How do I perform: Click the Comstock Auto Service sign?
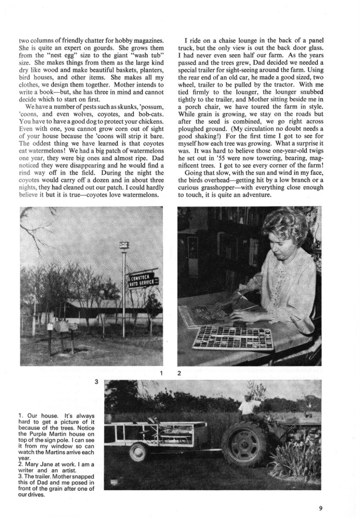pyautogui.click(x=143, y=281)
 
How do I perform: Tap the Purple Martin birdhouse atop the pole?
pyautogui.click(x=124, y=245)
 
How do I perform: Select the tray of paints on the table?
pyautogui.click(x=233, y=337)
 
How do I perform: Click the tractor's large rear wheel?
pyautogui.click(x=245, y=443)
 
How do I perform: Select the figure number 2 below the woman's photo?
pyautogui.click(x=179, y=373)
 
